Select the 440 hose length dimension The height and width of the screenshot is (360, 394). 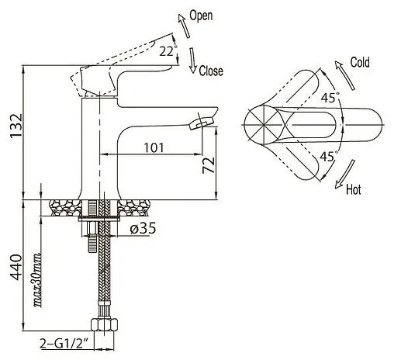pyautogui.click(x=16, y=267)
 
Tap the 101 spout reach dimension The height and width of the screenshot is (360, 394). pyautogui.click(x=154, y=147)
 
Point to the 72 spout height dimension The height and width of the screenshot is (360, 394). pyautogui.click(x=209, y=165)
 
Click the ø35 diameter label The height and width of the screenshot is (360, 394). pyautogui.click(x=143, y=228)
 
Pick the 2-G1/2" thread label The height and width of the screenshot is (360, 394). pyautogui.click(x=64, y=344)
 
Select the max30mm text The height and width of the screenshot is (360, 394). pyautogui.click(x=38, y=280)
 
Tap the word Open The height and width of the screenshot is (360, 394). pyautogui.click(x=201, y=16)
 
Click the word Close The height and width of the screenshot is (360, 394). pyautogui.click(x=211, y=71)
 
